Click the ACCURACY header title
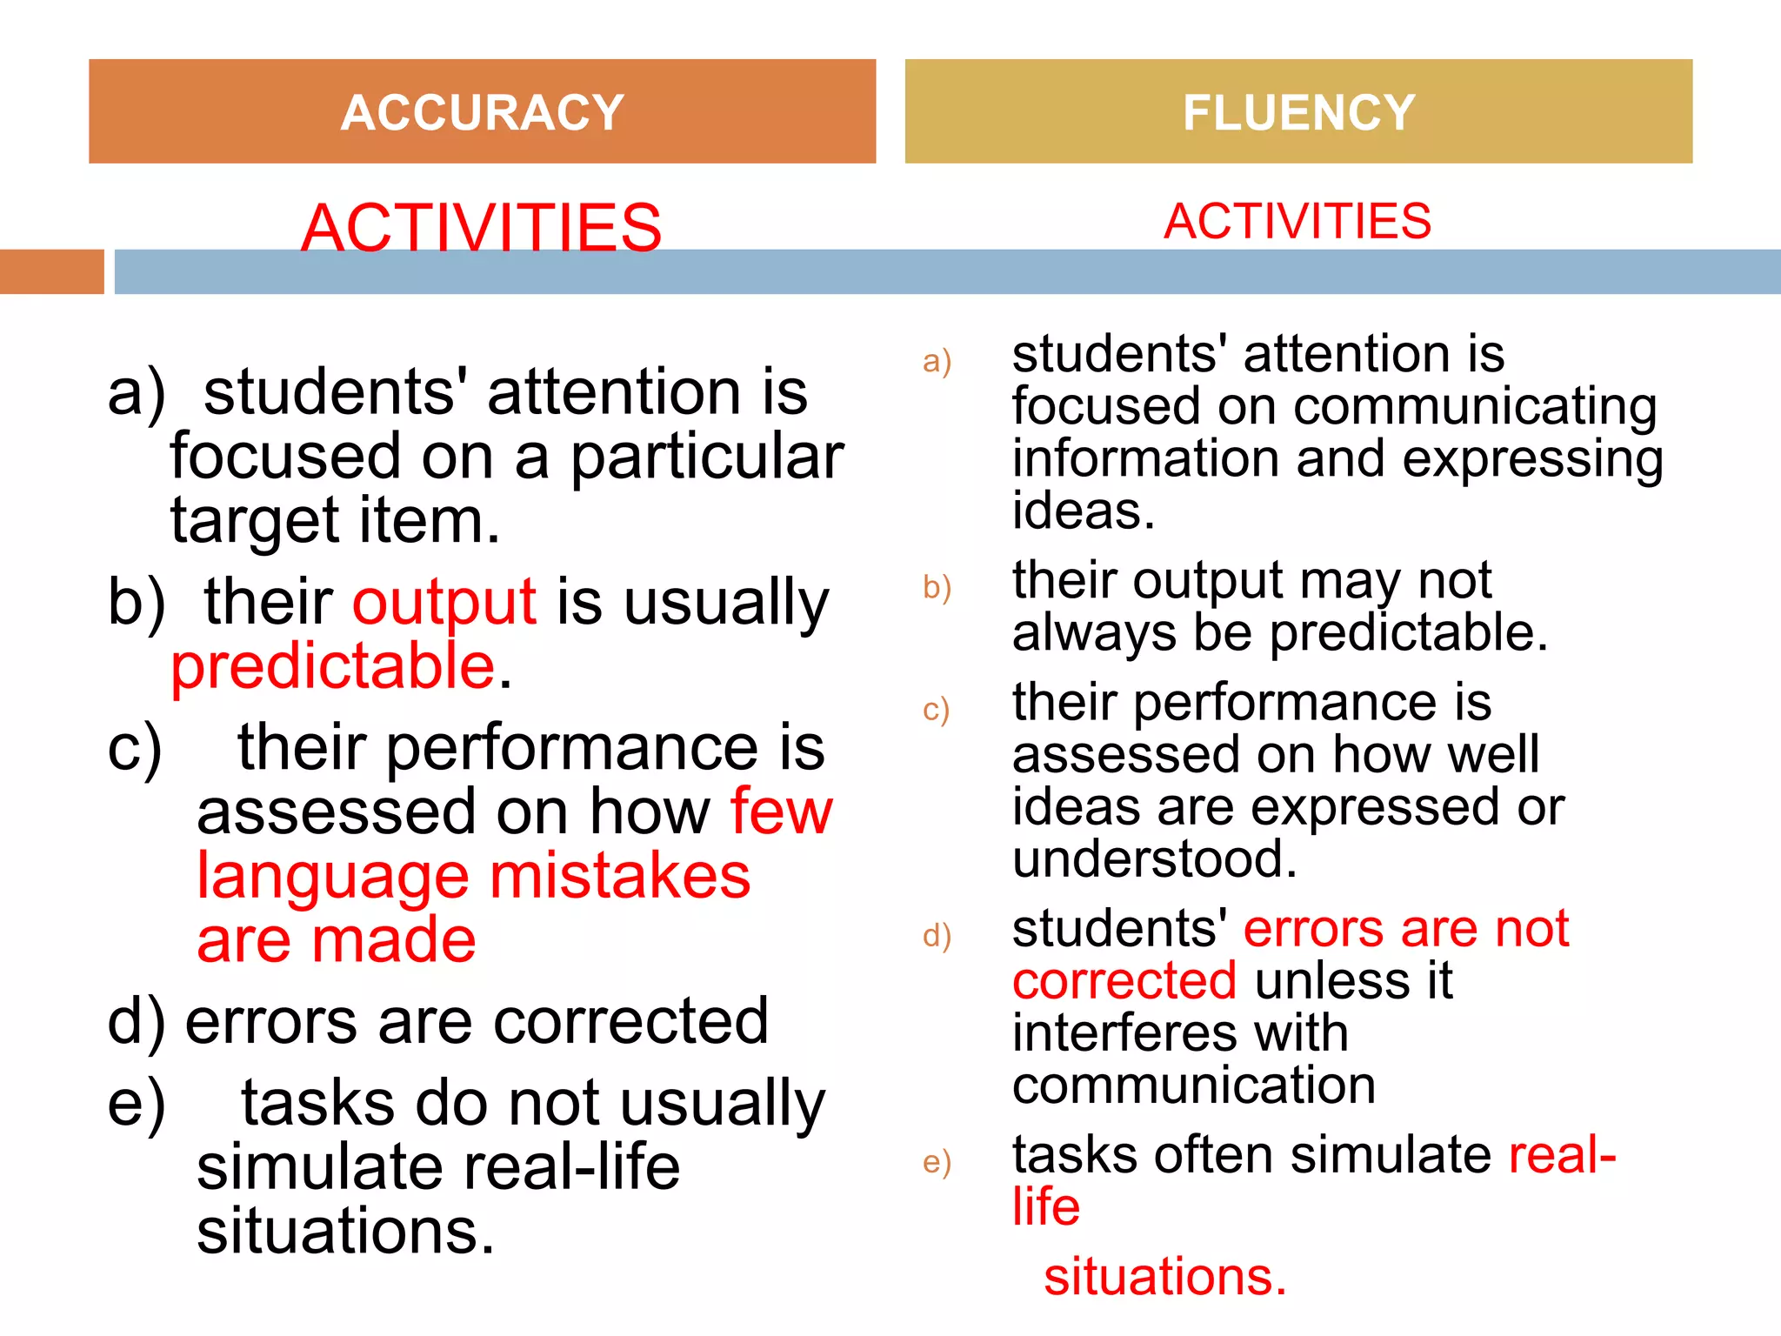(482, 113)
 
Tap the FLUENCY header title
(1298, 113)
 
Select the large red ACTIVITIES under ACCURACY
(481, 227)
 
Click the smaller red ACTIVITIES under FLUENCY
(1297, 221)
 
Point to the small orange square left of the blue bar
(51, 271)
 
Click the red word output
(444, 602)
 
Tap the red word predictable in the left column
(333, 667)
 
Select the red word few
(781, 812)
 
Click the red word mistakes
(620, 876)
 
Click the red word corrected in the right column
(1124, 981)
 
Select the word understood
(1154, 859)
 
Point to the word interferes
(1180, 1033)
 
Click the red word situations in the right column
(1164, 1277)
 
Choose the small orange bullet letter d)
(937, 936)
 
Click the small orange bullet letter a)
(937, 361)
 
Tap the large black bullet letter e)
(136, 1105)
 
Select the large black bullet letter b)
(136, 602)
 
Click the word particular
(706, 458)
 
